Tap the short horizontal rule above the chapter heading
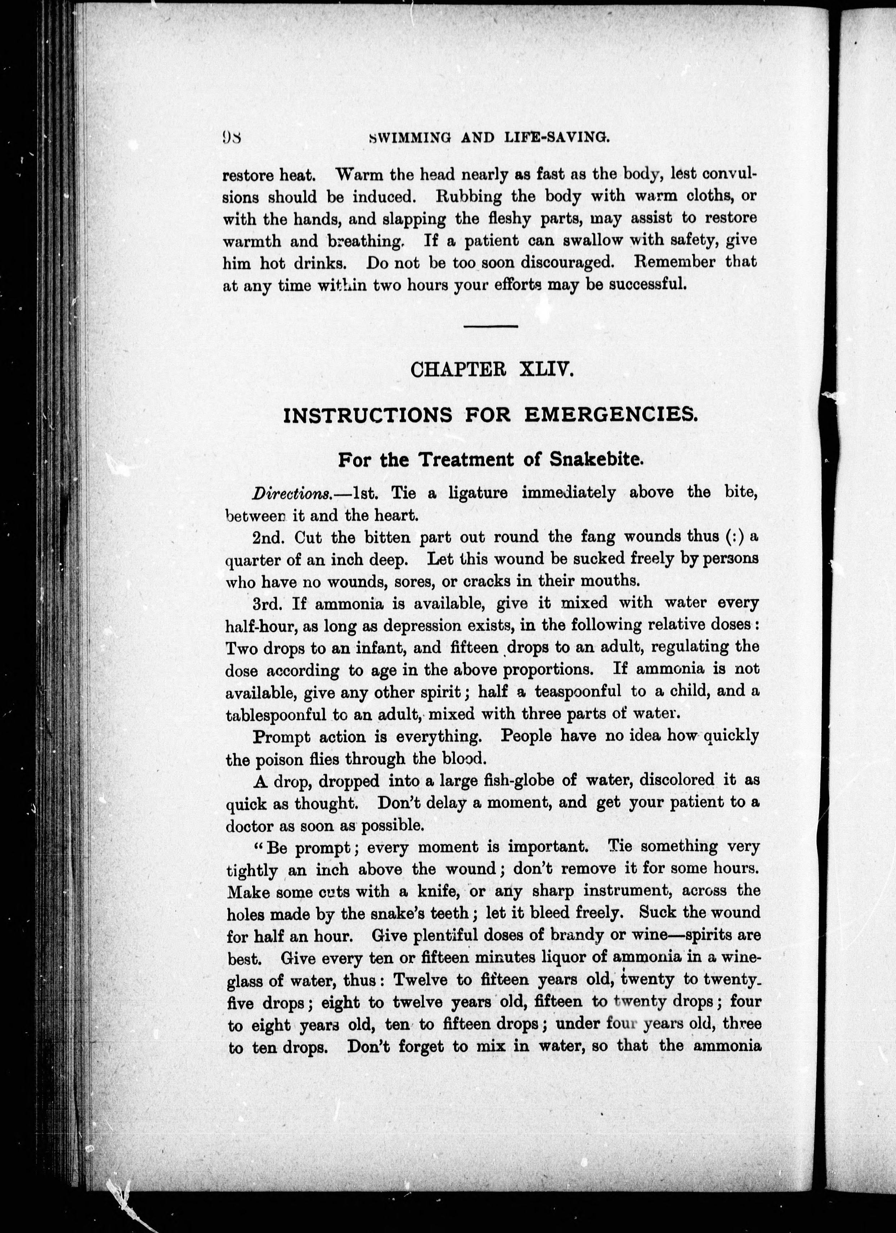tap(490, 326)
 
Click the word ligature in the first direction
tap(478, 493)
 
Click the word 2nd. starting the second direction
tap(269, 538)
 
